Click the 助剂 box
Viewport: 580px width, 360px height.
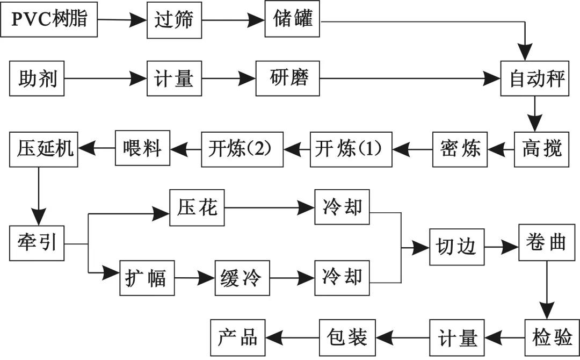pyautogui.click(x=37, y=80)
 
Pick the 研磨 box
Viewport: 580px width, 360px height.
pyautogui.click(x=288, y=78)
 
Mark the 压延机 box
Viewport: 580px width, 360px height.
pyautogui.click(x=44, y=147)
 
